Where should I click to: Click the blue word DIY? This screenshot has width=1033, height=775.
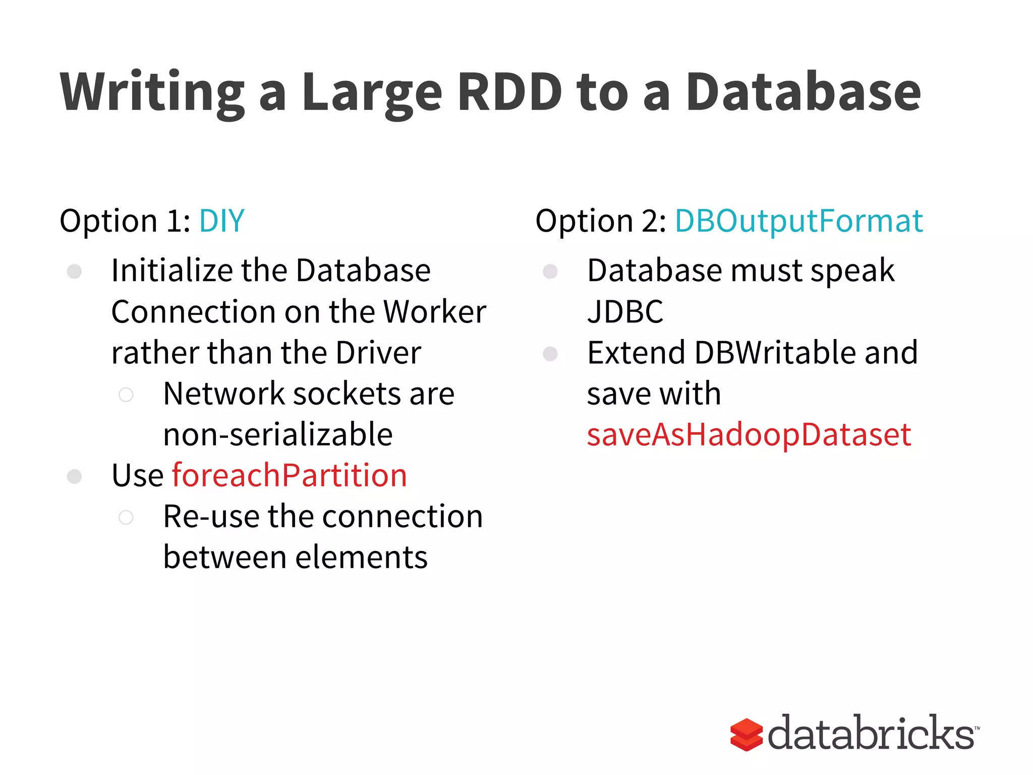coord(222,221)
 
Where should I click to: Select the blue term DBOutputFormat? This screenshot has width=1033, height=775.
coord(798,221)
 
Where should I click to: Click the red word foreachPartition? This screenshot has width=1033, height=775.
coord(290,476)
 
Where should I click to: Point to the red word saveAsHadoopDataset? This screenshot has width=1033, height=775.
coord(749,434)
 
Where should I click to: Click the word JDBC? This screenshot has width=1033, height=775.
coord(625,312)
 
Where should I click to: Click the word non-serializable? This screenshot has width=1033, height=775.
coord(278,434)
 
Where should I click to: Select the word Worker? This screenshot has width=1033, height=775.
coord(435,312)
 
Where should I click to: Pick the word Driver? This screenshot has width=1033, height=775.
coord(378,353)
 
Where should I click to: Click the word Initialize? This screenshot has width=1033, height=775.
coord(171,271)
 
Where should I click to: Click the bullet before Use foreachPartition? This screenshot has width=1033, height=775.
coord(75,476)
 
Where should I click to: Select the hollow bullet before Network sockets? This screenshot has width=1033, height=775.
coord(126,395)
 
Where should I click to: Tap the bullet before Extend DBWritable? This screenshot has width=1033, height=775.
coord(550,354)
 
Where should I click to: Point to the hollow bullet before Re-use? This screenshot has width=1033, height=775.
coord(126,517)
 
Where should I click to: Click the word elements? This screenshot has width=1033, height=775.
coord(361,558)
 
